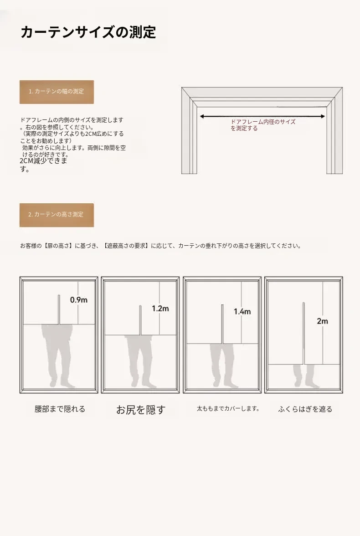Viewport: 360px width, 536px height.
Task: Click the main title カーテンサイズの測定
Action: [88, 32]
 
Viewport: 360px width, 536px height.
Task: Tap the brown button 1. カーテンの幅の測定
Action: [57, 92]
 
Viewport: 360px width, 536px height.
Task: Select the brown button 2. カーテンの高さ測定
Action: [57, 215]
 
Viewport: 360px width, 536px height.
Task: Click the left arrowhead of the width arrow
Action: [202, 117]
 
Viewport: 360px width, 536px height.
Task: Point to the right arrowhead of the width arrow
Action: [323, 117]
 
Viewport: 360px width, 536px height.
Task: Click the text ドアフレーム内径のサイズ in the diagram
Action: [263, 122]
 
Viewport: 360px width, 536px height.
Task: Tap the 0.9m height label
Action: [79, 300]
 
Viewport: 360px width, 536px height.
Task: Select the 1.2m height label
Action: [160, 308]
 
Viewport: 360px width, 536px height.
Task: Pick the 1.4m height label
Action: [242, 311]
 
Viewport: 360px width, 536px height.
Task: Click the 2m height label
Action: [322, 321]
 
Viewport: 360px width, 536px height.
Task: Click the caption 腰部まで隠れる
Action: [60, 409]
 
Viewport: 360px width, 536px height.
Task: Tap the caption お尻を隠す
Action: [140, 409]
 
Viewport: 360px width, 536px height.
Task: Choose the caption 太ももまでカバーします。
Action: [228, 408]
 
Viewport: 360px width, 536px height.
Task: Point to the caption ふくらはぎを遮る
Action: [305, 409]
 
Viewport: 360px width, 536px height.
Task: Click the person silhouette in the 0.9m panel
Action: [57, 356]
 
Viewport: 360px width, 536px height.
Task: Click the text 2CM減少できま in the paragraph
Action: [43, 160]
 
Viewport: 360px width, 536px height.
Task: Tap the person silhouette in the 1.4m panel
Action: [223, 366]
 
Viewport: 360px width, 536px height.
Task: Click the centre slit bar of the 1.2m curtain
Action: [140, 320]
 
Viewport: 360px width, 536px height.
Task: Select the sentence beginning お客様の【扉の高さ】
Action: [161, 246]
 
